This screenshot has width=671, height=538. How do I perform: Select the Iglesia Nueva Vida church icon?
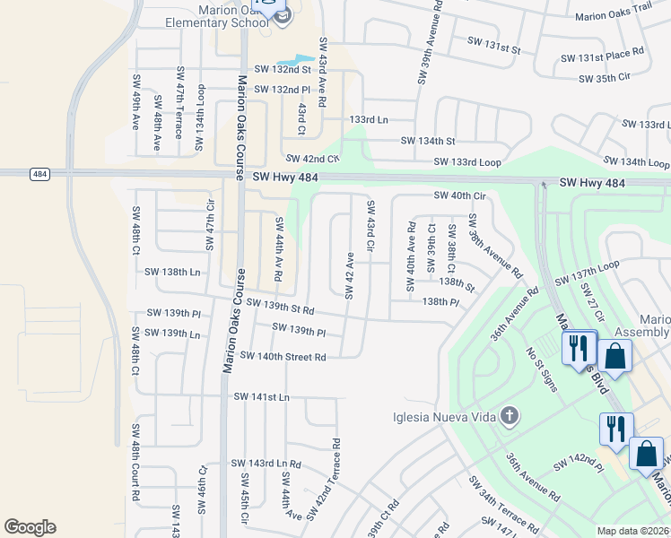point(510,415)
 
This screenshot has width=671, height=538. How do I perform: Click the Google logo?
point(30,527)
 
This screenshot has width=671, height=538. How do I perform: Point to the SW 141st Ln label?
point(262,396)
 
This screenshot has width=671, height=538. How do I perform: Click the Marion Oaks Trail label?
point(613,15)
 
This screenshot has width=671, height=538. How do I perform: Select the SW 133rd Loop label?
point(467,161)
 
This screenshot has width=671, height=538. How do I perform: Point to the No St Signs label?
point(542,369)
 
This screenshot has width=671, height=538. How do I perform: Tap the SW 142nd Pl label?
point(578,461)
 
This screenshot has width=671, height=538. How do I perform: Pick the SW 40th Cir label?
point(459,195)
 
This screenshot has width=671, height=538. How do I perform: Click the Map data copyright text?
point(632,531)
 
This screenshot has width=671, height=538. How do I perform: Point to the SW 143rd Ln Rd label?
point(266,464)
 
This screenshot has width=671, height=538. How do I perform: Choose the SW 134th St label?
point(428,141)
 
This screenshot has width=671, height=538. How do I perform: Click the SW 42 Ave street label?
point(350,274)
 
